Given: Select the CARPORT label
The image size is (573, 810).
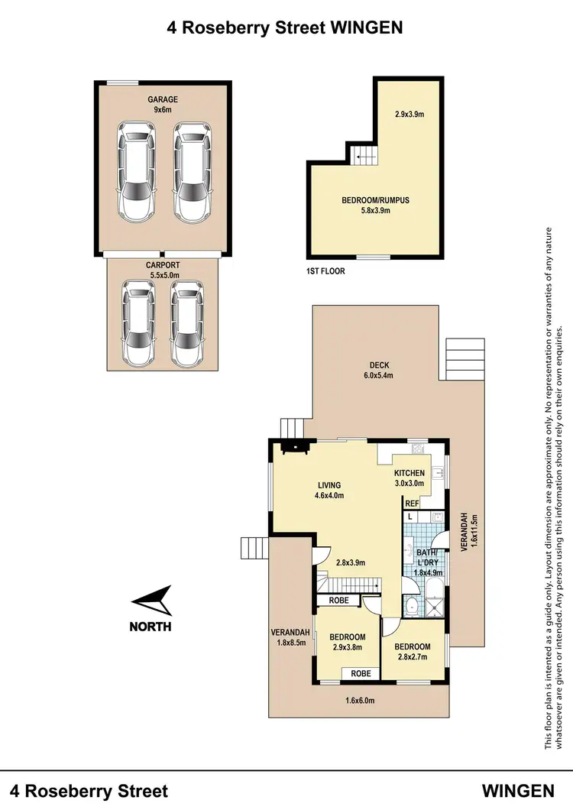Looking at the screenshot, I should [162, 265].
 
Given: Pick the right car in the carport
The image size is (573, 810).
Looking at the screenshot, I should [187, 322].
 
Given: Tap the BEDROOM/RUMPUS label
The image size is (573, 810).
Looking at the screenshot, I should [375, 200].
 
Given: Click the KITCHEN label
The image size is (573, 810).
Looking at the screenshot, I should [409, 474].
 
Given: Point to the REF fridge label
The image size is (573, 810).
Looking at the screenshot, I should [412, 504].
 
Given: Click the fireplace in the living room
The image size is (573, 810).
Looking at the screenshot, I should [294, 448].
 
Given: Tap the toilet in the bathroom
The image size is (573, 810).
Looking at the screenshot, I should [412, 607].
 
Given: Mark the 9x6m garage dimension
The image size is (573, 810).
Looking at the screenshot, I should [162, 109].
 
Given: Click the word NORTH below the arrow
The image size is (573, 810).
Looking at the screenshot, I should [151, 627].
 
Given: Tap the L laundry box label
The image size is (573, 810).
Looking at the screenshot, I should [410, 517].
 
